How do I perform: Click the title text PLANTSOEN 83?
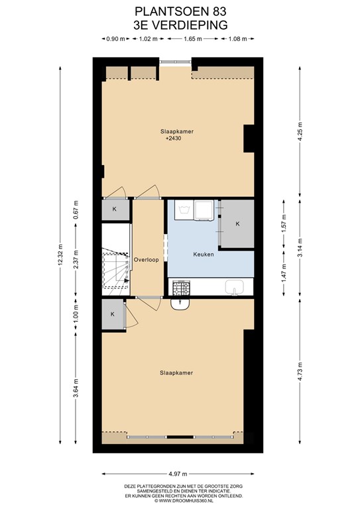pos(180,11)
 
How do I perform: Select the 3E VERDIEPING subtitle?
pos(180,25)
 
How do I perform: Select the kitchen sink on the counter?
pos(234,287)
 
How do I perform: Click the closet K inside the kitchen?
pos(237,224)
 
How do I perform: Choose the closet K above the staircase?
pos(114,209)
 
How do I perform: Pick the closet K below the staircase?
pos(113,314)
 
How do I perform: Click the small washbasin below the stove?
pos(180,304)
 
